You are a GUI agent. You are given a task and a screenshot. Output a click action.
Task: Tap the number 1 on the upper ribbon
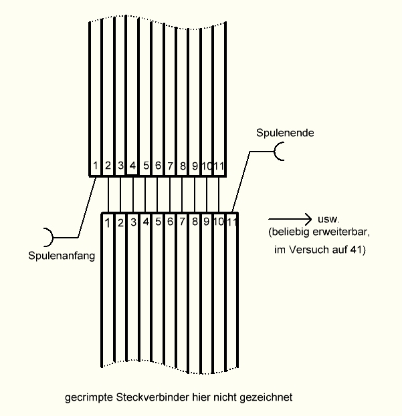pos(96,164)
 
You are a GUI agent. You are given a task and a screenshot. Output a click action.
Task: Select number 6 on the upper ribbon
pos(158,164)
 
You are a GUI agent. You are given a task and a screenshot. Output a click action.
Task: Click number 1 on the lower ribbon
pos(108,222)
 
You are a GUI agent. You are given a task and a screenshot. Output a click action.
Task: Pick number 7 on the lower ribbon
pos(183,222)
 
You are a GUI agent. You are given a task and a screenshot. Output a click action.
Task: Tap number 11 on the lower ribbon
pos(232,222)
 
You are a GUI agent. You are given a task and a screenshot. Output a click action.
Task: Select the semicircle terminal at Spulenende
pos(282,152)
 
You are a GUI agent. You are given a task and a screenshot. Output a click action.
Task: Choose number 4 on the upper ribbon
pos(133,164)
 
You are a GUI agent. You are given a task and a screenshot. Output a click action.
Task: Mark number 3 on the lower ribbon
pos(133,222)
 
